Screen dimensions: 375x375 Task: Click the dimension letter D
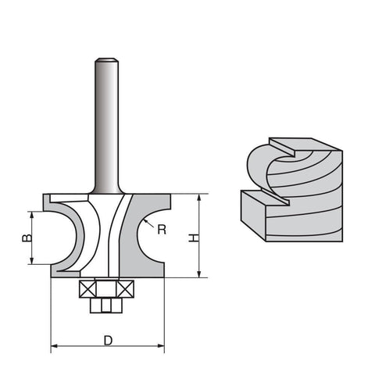pos(108,341)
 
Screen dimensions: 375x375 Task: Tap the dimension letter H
pos(194,238)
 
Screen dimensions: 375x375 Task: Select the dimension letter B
pos(27,237)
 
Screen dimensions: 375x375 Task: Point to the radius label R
pos(162,230)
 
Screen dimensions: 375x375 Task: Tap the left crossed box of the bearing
pos(88,289)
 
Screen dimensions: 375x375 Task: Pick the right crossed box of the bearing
pos(126,289)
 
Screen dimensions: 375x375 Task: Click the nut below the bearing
pos(106,305)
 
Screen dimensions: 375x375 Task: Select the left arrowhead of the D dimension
pos(54,346)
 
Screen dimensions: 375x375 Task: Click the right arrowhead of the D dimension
pos(161,346)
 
